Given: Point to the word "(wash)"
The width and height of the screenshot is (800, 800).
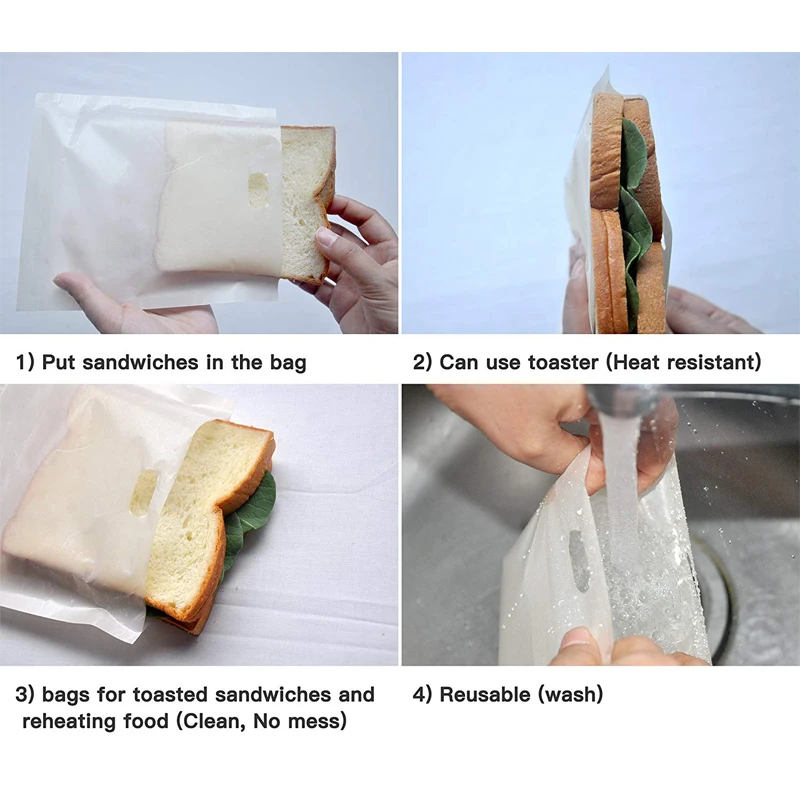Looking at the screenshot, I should (x=571, y=693).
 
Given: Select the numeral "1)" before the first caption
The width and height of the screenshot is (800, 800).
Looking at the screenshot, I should (x=25, y=362).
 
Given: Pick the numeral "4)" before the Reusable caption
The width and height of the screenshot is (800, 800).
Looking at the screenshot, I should (x=422, y=693).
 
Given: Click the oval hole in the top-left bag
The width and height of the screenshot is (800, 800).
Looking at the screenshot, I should (x=259, y=190).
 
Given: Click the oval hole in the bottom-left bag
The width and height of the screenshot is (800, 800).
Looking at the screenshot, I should (x=143, y=492).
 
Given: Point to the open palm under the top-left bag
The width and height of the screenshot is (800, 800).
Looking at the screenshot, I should (x=120, y=305).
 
